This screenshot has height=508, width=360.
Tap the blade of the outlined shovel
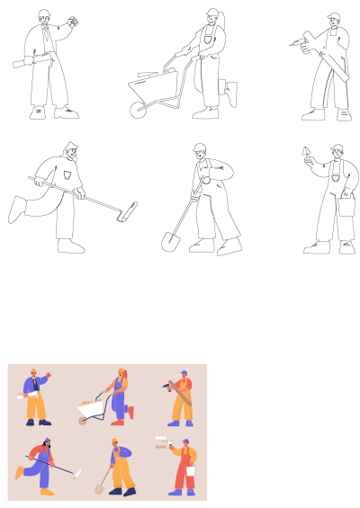168,240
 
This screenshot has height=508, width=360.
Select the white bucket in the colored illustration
191,470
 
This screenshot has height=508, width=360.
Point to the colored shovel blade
99,489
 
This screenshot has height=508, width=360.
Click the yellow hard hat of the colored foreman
33,370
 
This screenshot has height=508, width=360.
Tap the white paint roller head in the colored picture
79,474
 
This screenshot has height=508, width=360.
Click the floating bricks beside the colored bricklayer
161,441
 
